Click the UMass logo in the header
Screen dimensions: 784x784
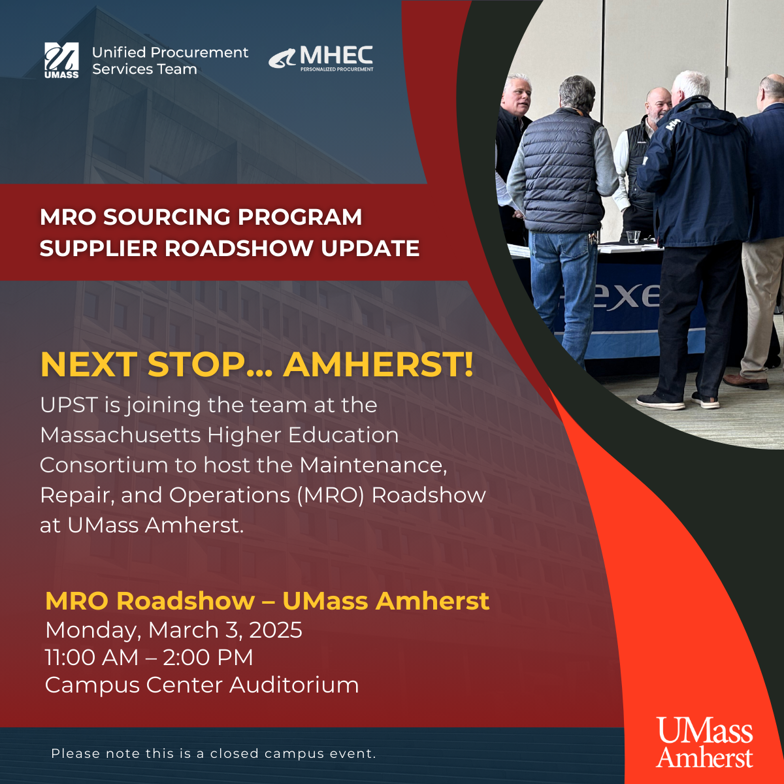tap(61, 60)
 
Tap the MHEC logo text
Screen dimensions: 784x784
tap(336, 56)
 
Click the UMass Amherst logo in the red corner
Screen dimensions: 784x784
tap(704, 742)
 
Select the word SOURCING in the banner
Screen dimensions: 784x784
tap(170, 217)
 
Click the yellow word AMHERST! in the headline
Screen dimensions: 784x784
tap(378, 365)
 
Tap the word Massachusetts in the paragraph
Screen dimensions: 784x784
tap(120, 435)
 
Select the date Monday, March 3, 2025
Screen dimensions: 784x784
tap(174, 630)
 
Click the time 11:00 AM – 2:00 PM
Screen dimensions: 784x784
tap(149, 657)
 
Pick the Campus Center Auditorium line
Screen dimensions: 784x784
tap(202, 685)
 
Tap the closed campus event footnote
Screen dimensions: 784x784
tap(214, 753)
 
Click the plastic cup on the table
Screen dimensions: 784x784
tap(633, 237)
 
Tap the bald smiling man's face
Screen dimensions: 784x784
tap(659, 106)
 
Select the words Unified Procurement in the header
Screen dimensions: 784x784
tap(170, 52)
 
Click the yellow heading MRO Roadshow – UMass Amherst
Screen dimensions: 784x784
tap(267, 600)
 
